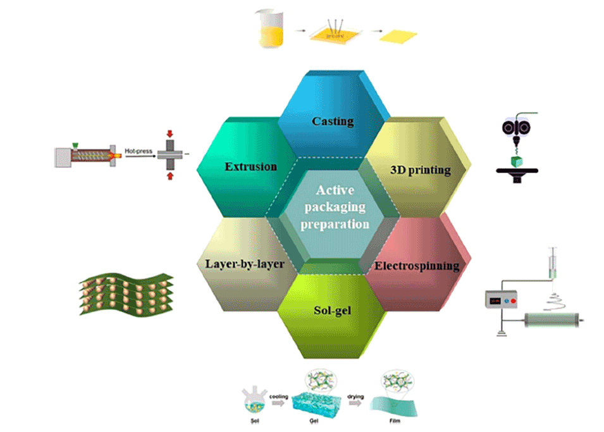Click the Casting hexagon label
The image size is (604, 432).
[x=333, y=121]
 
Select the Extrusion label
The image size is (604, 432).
[x=250, y=167]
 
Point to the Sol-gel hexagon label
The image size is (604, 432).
[x=333, y=311]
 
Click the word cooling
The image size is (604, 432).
[x=280, y=398]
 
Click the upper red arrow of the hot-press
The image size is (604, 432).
[x=169, y=134]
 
